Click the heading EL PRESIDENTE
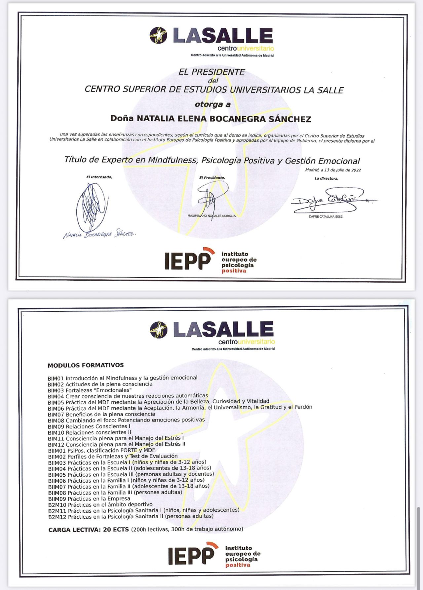211,72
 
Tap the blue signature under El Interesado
91,207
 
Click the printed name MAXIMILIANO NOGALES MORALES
212,216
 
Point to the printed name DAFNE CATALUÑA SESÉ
326,217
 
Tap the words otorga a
212,104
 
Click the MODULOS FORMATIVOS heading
86,365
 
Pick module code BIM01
56,378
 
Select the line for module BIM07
101,414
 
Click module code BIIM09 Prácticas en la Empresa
89,499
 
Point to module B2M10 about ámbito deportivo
100,505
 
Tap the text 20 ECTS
116,530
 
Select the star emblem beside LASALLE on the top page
158,35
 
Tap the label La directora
326,179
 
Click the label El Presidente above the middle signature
212,178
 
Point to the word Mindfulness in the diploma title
172,160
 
